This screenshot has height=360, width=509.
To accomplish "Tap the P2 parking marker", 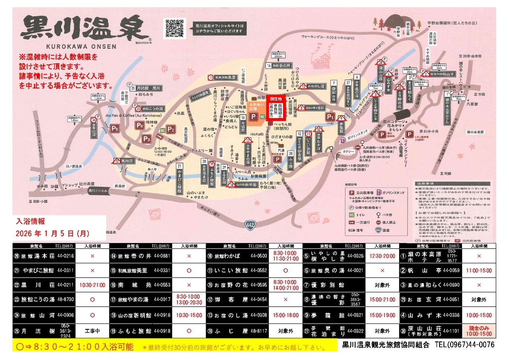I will click(x=171, y=129).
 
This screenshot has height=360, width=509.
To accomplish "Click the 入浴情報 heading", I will click(x=31, y=221).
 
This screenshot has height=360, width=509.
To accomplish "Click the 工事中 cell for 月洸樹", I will click(x=93, y=330).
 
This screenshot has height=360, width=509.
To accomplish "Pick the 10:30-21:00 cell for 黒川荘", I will click(x=93, y=285).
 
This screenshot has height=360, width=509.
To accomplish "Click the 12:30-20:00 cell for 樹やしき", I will click(x=383, y=256).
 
